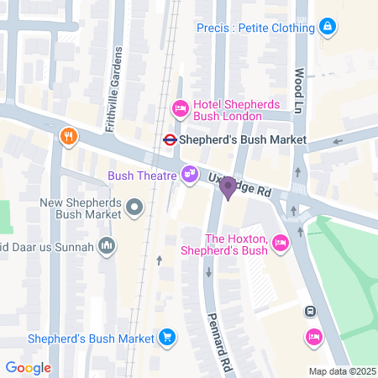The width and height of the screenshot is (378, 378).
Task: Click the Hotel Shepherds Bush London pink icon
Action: click(179, 108)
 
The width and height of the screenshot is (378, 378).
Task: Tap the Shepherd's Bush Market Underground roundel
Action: click(168, 140)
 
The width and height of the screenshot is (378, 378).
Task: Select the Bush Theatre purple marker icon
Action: click(191, 174)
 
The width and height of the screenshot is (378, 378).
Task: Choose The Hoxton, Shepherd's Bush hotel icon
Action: click(281, 244)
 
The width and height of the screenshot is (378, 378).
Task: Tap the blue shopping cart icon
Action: click(168, 338)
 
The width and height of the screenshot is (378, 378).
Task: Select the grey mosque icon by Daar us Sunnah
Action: click(106, 245)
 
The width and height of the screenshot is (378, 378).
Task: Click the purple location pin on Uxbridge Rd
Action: click(228, 189)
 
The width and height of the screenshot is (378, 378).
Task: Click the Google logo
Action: click(29, 367)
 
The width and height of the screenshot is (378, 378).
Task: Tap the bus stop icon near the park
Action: click(310, 312)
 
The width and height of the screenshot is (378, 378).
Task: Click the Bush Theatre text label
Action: click(141, 176)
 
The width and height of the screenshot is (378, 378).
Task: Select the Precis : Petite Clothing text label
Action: click(255, 28)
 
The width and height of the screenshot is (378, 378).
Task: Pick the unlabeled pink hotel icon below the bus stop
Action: click(313, 337)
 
